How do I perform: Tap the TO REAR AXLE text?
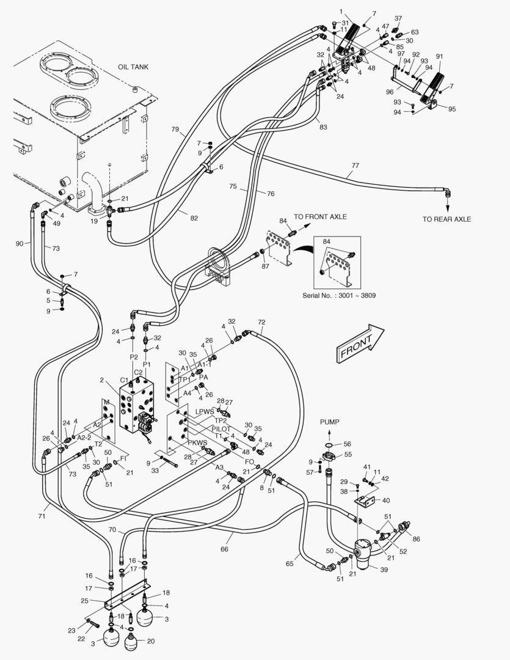(x=446, y=219)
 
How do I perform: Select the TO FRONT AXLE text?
(x=320, y=217)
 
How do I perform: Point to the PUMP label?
(x=329, y=422)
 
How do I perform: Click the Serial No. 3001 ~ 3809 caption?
(x=339, y=295)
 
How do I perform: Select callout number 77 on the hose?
(x=355, y=166)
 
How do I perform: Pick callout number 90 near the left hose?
(x=20, y=244)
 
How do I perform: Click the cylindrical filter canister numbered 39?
(x=366, y=552)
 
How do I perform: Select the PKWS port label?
(x=197, y=442)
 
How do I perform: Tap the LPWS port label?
(x=205, y=412)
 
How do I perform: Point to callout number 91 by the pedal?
(x=439, y=56)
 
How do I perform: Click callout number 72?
(x=261, y=322)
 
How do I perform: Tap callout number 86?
(x=417, y=539)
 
